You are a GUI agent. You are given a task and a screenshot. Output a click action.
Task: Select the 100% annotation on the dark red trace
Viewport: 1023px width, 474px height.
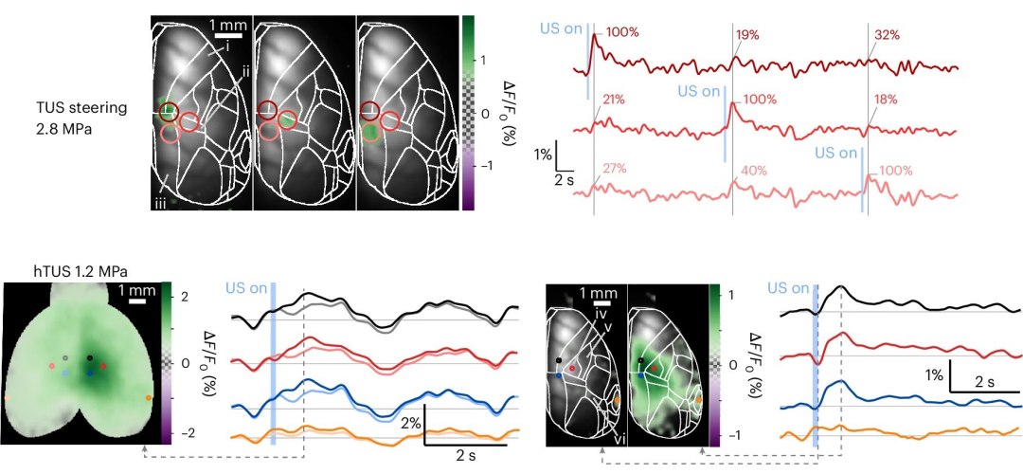(621, 32)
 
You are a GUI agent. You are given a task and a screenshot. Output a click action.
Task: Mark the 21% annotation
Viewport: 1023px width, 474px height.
(614, 99)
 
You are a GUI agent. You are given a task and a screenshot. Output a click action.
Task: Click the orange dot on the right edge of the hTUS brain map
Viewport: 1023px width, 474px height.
(149, 398)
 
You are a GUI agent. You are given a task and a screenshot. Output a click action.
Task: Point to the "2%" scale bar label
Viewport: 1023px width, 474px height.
(409, 422)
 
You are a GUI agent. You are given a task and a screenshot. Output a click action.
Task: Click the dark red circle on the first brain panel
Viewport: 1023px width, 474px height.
(169, 112)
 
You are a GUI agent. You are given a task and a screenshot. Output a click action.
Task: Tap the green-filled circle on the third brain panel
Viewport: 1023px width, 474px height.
(372, 132)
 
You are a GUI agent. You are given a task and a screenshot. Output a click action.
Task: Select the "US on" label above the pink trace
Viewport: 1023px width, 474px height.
(839, 153)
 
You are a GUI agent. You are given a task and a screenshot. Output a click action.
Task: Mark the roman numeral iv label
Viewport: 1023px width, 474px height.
(598, 309)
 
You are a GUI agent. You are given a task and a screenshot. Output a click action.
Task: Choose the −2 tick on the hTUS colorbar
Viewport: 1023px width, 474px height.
(184, 432)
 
